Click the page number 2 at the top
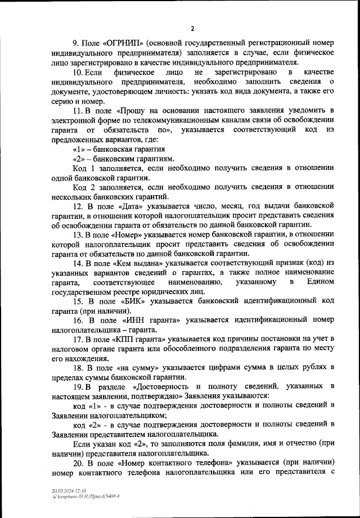[x=192, y=29]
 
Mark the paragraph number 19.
[x=79, y=386]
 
